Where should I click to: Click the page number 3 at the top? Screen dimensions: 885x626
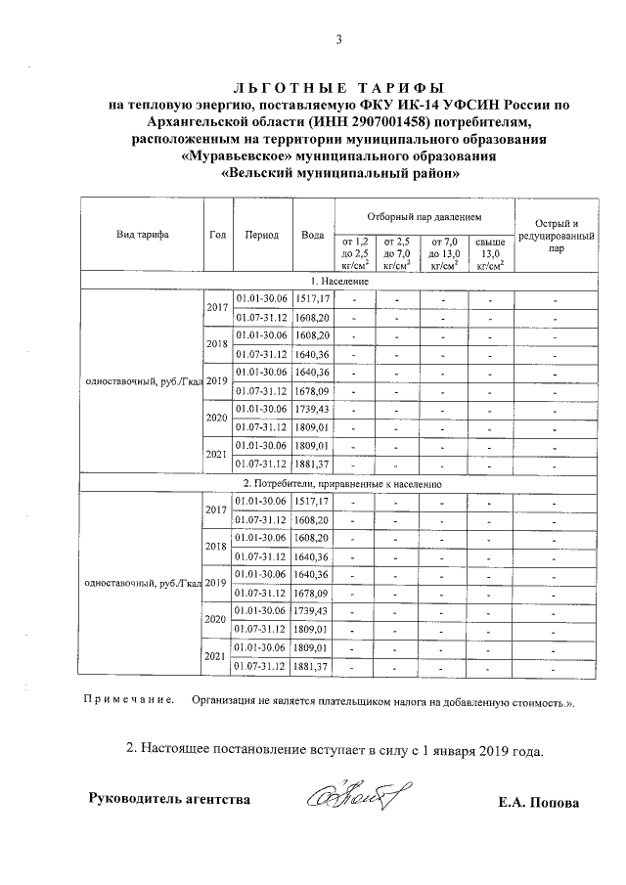339,40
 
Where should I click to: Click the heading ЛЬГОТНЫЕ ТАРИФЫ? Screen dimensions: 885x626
339,87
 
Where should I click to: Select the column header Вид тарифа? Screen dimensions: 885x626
143,235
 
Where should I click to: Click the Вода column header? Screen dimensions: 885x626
313,235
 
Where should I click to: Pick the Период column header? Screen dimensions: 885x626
262,235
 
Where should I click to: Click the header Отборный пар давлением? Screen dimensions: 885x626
425,214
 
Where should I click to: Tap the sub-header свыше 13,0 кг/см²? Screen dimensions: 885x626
490,252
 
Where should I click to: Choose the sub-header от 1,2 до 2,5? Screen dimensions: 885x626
356,252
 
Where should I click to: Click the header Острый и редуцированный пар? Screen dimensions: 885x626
557,235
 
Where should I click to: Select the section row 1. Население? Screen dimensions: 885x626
339,281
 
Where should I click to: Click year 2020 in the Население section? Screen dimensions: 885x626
216,418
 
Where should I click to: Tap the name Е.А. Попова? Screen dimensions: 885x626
538,803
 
